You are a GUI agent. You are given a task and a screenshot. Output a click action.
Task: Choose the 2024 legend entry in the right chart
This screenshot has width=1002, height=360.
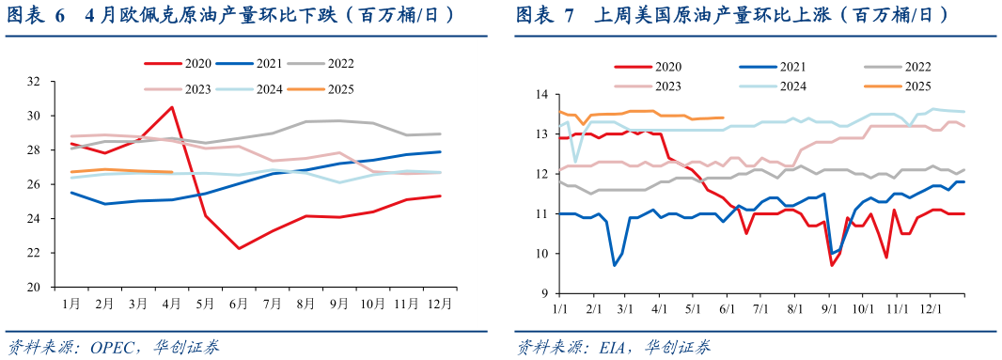point(791,86)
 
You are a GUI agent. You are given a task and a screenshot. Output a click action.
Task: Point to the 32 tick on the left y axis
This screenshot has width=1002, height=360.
point(33,82)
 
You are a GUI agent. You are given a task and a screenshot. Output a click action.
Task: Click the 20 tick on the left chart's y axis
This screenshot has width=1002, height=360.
point(33,287)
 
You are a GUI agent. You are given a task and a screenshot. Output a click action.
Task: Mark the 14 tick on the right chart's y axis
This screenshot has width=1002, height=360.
point(542,95)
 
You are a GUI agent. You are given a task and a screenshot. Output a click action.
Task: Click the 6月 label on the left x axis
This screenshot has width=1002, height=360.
point(239,305)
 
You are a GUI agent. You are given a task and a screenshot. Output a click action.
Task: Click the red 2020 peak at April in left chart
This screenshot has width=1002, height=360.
point(171,106)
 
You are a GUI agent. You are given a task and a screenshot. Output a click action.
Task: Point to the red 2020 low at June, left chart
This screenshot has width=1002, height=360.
point(239,248)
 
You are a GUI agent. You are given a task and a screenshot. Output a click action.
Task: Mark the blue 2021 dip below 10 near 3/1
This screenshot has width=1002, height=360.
point(615,265)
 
